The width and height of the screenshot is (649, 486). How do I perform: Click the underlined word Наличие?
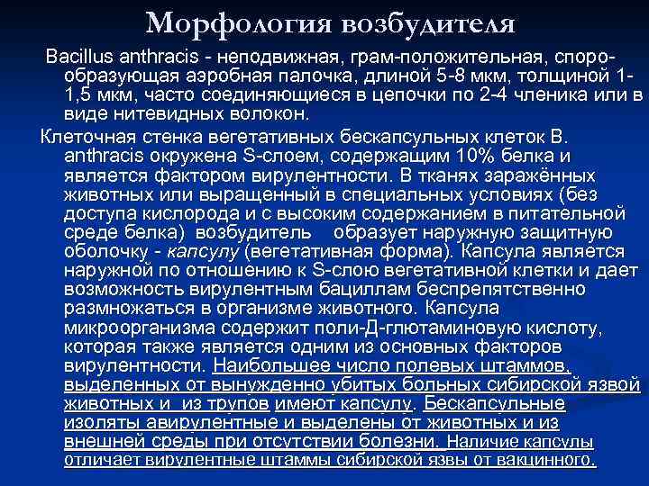[x=480, y=441]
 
